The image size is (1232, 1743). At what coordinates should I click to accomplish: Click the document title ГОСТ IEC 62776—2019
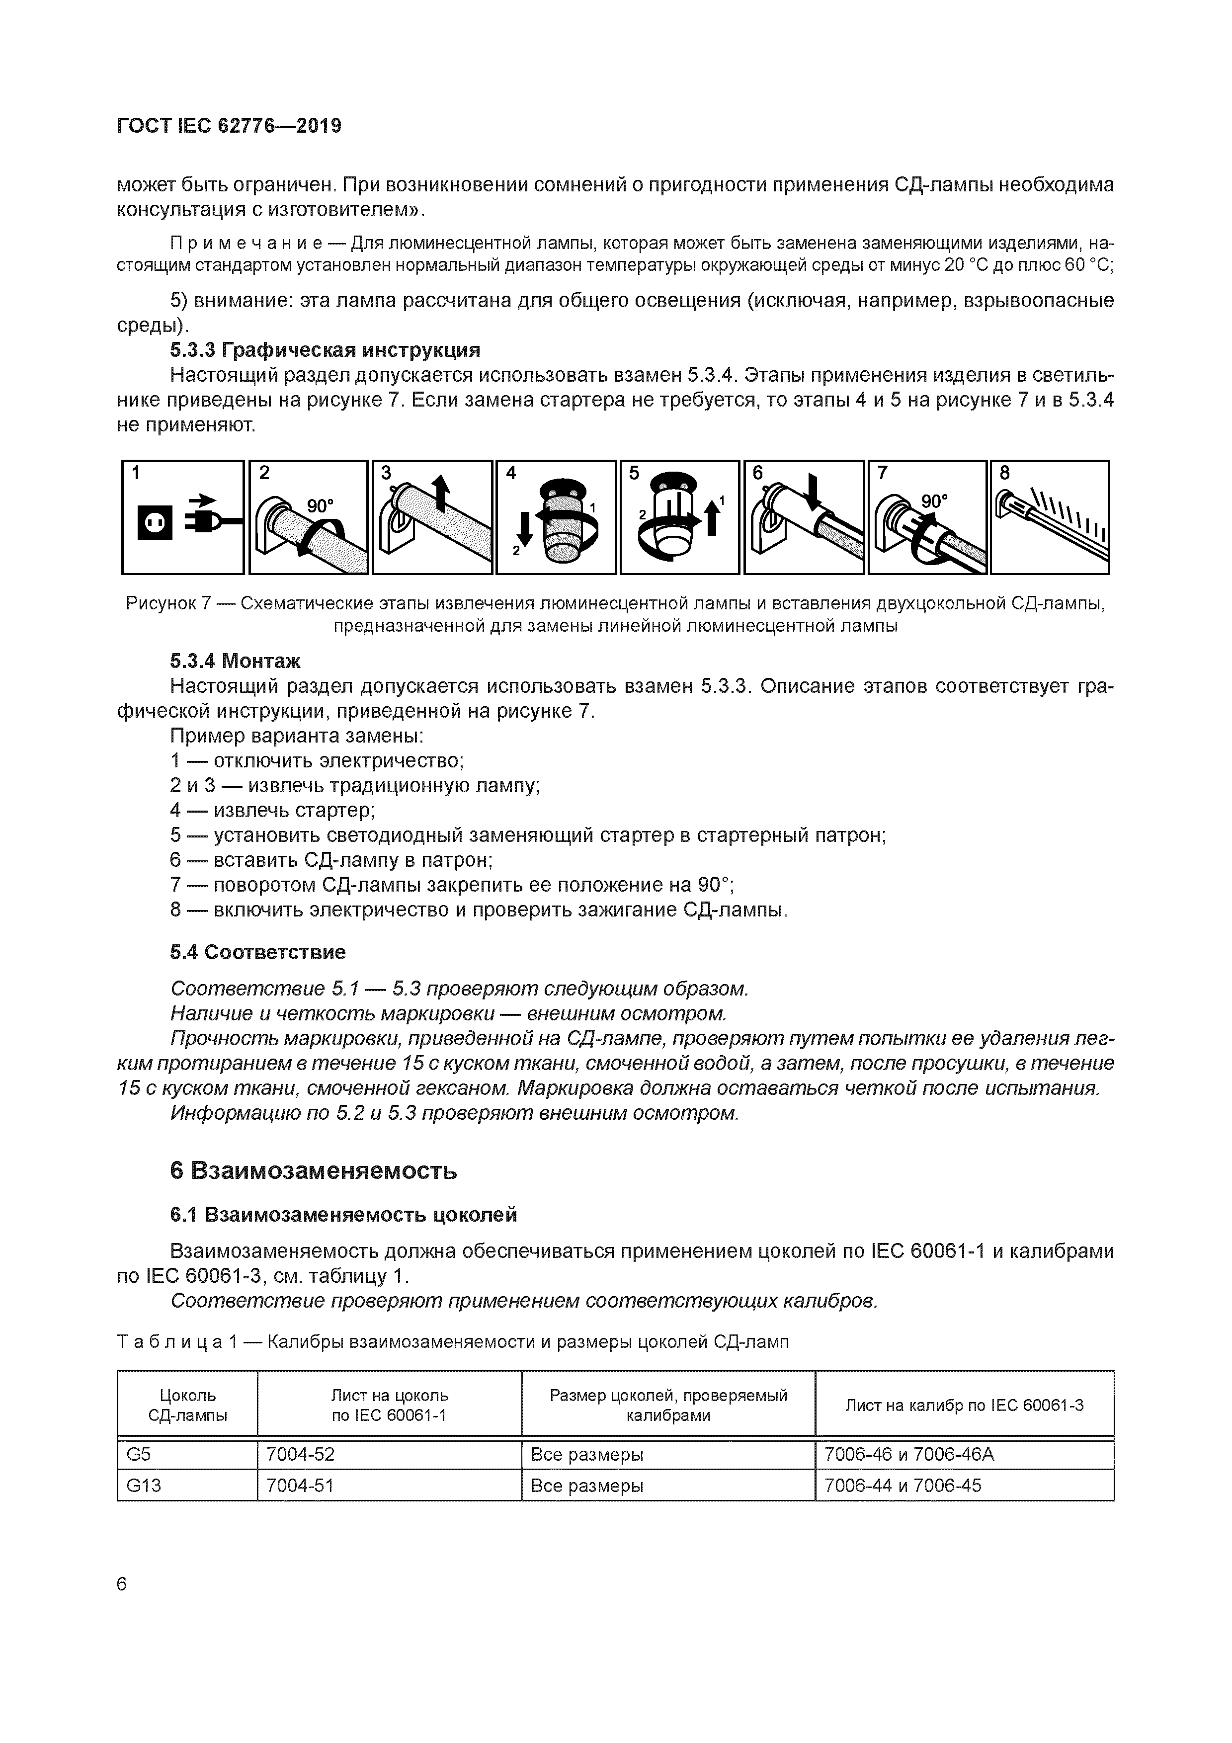[x=229, y=126]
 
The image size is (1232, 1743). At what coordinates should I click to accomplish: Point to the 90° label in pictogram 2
[x=320, y=505]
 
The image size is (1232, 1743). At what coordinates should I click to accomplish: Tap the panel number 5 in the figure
[x=634, y=474]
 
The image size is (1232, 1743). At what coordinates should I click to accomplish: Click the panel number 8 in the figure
[x=1004, y=474]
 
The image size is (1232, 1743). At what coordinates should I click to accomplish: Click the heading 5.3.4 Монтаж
[x=235, y=661]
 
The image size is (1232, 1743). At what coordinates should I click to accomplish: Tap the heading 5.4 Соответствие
[x=257, y=952]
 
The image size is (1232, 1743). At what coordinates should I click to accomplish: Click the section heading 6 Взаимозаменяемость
[x=314, y=1170]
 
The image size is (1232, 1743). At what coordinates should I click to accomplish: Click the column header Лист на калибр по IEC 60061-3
[x=964, y=1405]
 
